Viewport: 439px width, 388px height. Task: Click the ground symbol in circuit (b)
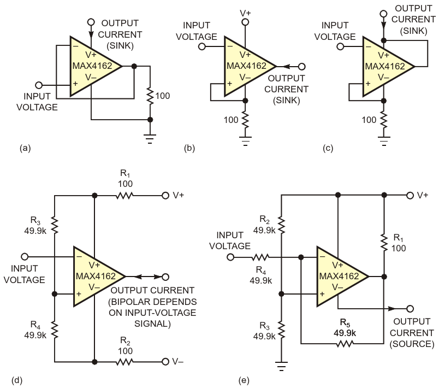coord(245,143)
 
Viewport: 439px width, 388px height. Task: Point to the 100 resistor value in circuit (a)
coord(162,96)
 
